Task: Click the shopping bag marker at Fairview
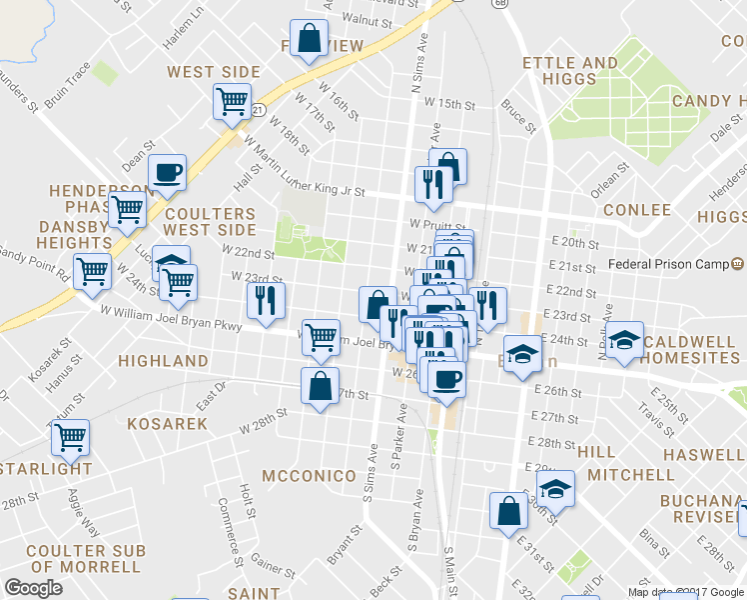[x=310, y=39]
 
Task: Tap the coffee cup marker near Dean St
[x=167, y=172]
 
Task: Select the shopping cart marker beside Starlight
[x=71, y=437]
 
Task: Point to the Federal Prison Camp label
[x=667, y=265]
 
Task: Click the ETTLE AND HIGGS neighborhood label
[x=570, y=72]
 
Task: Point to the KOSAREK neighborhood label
[x=168, y=424]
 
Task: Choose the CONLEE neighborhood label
[x=637, y=210]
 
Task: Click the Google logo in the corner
[x=33, y=588]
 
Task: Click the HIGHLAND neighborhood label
[x=163, y=360]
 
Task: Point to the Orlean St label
[x=610, y=179]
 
